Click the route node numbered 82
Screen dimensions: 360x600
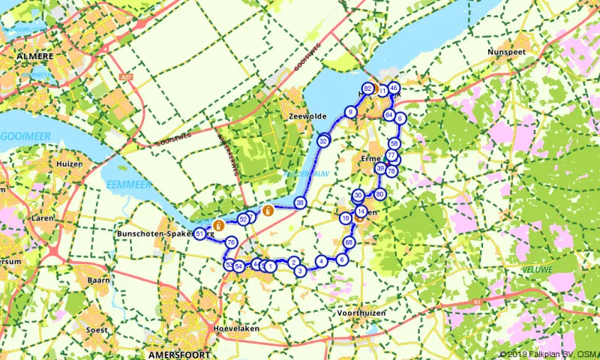(367, 88)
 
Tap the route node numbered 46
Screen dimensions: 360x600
(394, 88)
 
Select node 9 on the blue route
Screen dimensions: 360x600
(349, 112)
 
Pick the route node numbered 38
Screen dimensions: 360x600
(300, 202)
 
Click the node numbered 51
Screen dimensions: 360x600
(200, 235)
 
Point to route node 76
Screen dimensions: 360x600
(231, 242)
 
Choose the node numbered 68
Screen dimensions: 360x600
(349, 243)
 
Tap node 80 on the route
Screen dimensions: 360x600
(380, 194)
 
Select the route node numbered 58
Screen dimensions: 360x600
(394, 143)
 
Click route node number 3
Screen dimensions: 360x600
(299, 271)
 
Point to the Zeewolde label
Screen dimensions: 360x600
(304, 117)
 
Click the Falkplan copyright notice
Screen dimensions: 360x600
(548, 354)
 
